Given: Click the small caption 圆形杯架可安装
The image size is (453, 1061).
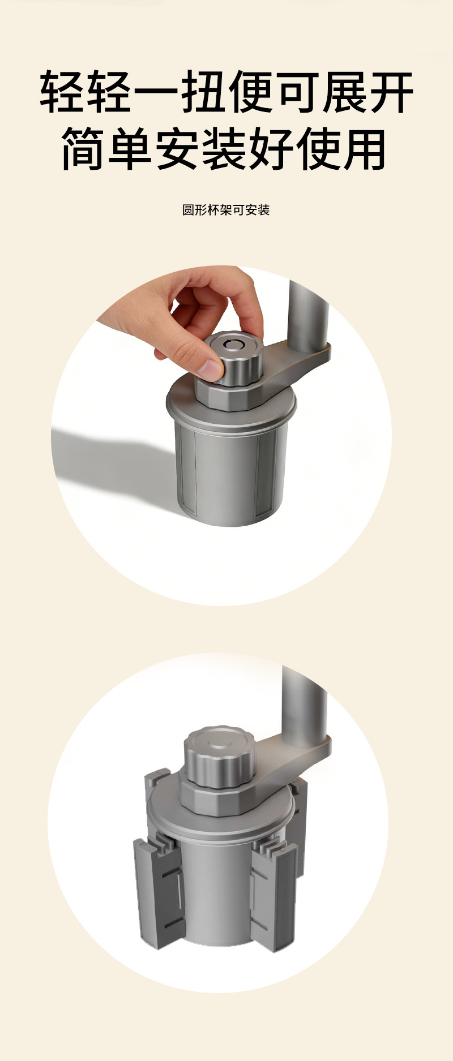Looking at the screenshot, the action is (x=226, y=210).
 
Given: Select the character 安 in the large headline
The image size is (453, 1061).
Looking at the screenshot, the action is (x=178, y=149).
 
